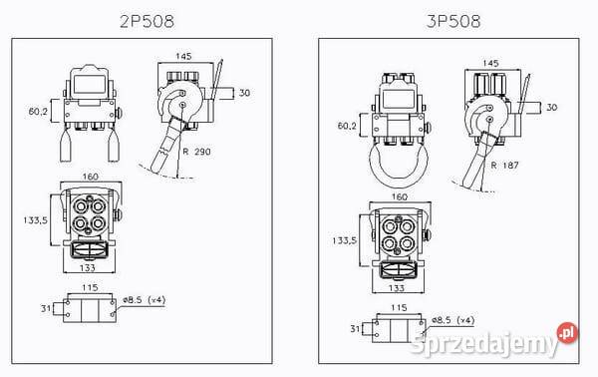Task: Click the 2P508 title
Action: coord(147,21)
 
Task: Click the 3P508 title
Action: coord(453,21)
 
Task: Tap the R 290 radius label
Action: coord(196,152)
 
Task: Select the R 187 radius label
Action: coord(504,166)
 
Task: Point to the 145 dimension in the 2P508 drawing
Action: coord(183,56)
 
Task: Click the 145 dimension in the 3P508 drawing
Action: coord(490,63)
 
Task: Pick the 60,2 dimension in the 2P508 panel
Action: coord(38,111)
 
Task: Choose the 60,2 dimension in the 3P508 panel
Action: coord(347,125)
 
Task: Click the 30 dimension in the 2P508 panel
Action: coord(244,93)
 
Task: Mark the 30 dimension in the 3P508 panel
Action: coord(552,108)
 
